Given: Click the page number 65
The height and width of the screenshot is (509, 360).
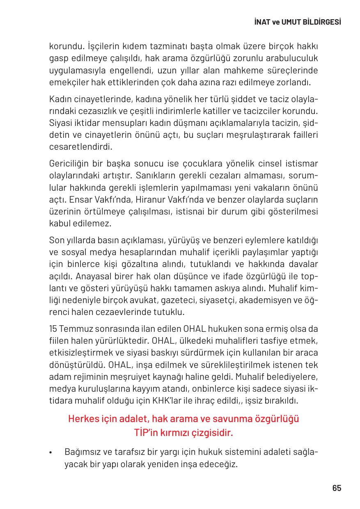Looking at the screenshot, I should click(337, 488).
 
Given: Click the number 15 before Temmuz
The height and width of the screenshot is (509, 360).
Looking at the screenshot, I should click(53, 329).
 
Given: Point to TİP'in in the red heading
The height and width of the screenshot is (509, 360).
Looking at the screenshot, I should click(146, 432).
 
